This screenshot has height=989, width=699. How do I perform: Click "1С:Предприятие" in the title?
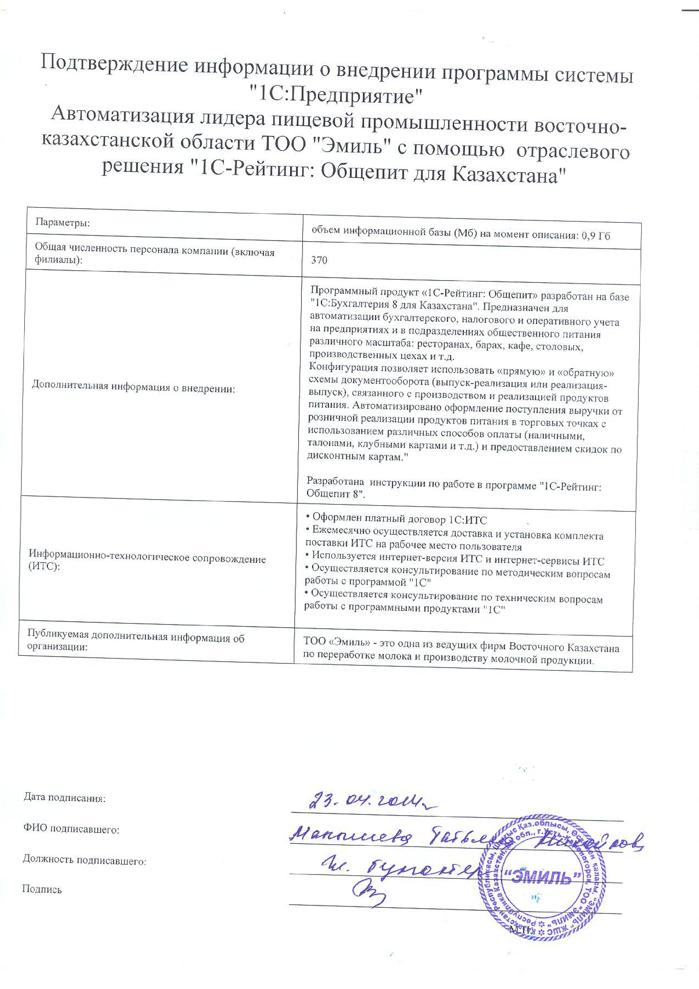point(337,96)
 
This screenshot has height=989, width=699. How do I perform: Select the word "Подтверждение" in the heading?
point(114,65)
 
